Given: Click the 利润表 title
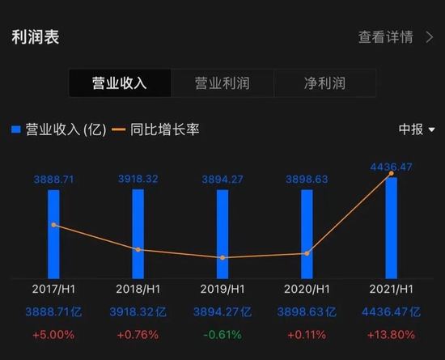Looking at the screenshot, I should coord(36,37).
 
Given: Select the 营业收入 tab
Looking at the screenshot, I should coord(120,83).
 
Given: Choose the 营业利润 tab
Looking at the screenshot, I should coord(222,83).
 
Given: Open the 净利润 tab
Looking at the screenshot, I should coord(324,83).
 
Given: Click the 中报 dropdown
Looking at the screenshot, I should coord(417,129).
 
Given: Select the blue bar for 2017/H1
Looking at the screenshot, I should coord(53,235).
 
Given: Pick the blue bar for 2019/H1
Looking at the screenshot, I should coord(222,235).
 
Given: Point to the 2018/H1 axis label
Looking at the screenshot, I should coord(138,289).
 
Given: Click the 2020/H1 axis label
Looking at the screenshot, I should coord(307,289).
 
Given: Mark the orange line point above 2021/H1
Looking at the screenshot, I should coord(392,173).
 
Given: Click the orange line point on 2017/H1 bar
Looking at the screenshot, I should coord(53,224).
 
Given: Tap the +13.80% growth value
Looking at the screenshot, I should coord(392,334).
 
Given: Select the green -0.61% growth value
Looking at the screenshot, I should coord(222,334).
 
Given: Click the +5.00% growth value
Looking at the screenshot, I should coord(53,334).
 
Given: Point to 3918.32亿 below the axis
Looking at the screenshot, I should coord(138,311).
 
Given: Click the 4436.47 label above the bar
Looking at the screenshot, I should coord(392,167).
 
